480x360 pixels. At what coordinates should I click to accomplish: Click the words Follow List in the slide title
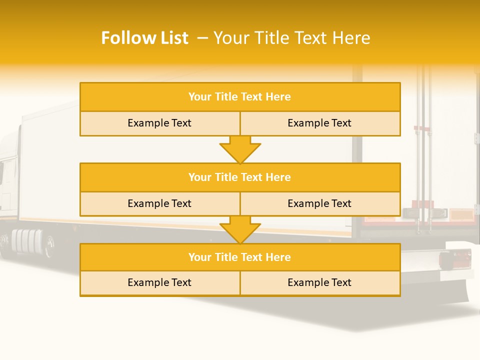[x=144, y=38]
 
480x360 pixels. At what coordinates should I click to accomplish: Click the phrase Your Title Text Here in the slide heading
[x=291, y=38]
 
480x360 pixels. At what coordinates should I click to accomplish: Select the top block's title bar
[x=240, y=97]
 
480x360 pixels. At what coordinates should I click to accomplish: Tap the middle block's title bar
[x=240, y=177]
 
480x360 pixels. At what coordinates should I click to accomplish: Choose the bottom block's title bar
[x=240, y=257]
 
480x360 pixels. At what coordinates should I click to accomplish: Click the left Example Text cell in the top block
[x=159, y=123]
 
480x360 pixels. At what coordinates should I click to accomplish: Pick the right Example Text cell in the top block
[x=320, y=123]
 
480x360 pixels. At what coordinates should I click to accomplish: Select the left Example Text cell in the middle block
[x=159, y=204]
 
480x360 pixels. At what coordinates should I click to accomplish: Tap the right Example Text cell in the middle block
[x=320, y=204]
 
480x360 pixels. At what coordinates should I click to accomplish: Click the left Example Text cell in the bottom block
[x=159, y=283]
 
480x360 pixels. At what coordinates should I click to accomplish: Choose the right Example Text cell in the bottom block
[x=320, y=283]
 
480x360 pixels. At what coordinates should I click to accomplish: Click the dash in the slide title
[x=202, y=38]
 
